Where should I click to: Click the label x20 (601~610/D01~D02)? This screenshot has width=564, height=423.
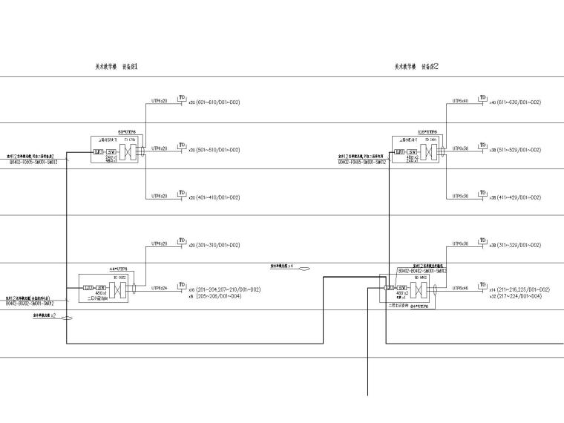coord(214,102)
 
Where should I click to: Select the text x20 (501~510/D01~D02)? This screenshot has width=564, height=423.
coord(214,150)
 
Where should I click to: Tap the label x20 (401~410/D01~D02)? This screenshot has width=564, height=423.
coord(214,197)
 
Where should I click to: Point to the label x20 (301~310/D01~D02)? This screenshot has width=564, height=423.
coord(214,245)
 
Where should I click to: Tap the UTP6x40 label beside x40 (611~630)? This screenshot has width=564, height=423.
coord(460,100)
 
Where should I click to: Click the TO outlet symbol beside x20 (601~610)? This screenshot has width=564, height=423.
coord(181,98)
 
